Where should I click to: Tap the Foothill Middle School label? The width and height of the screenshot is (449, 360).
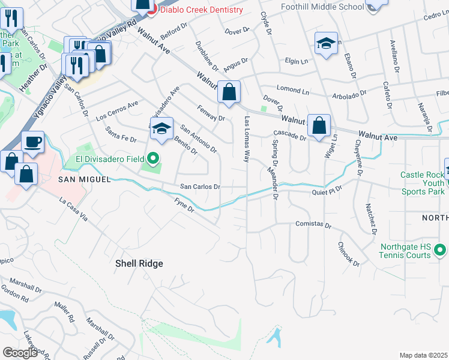coord(322,7)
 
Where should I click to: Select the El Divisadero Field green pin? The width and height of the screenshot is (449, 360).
coord(153,159)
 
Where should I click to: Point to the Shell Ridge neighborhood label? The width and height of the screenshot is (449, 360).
coord(139,263)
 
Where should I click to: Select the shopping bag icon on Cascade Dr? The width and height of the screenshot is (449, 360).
coord(319,126)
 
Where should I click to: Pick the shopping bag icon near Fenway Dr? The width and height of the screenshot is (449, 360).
coord(229,93)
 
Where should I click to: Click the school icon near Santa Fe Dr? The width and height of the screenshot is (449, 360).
coord(160,128)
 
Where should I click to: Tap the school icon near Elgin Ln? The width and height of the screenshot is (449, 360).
coord(326,44)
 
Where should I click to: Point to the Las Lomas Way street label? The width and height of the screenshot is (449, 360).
coord(246,140)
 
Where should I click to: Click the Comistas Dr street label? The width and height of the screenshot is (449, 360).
coord(313,225)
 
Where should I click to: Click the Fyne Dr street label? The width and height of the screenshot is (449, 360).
coord(185,205)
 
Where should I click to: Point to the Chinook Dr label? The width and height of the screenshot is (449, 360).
coord(348,254)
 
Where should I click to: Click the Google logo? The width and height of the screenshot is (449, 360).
coord(20,353)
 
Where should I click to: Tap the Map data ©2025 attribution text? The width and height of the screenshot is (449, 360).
coord(423,355)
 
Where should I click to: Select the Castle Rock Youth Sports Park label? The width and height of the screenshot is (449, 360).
coord(423,183)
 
